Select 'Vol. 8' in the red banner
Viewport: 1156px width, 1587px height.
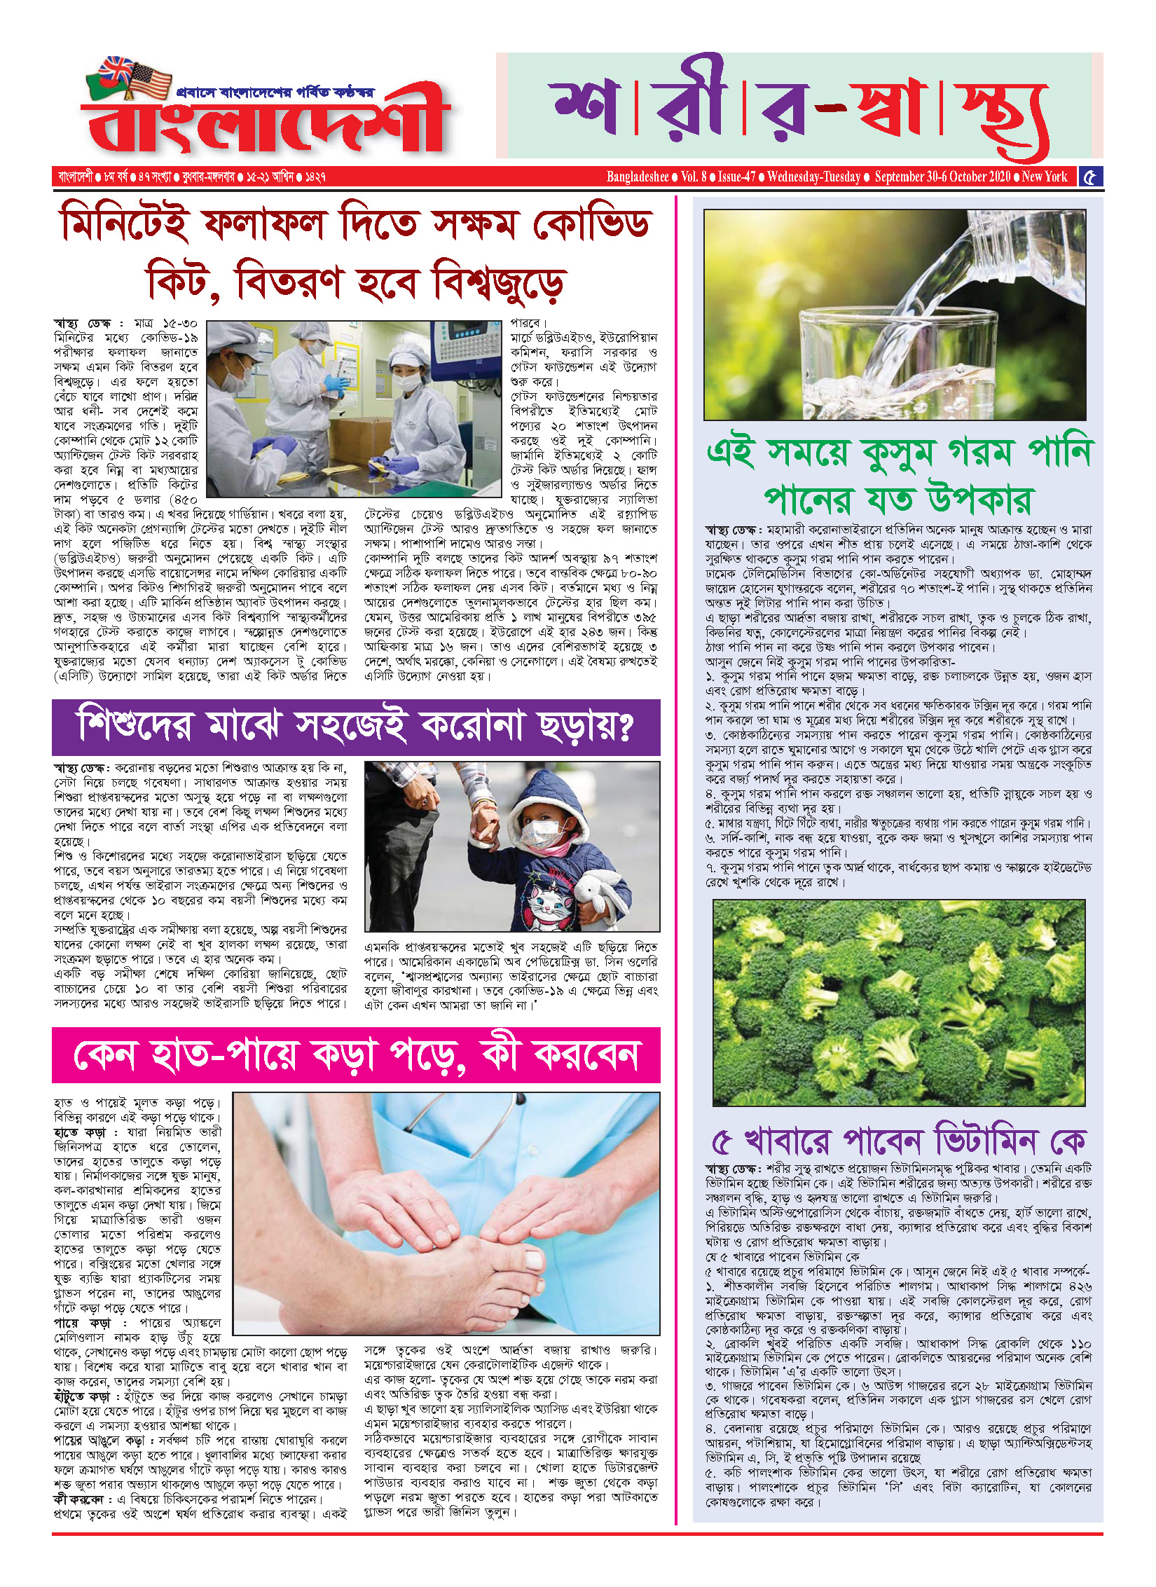694,177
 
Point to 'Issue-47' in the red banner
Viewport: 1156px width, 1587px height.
736,177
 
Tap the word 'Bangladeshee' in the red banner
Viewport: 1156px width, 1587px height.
637,177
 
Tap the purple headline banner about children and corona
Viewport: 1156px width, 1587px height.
356,727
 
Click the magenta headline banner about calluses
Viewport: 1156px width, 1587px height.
356,1054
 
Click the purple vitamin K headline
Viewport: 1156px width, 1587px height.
898,1141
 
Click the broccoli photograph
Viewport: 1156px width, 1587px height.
898,1002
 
